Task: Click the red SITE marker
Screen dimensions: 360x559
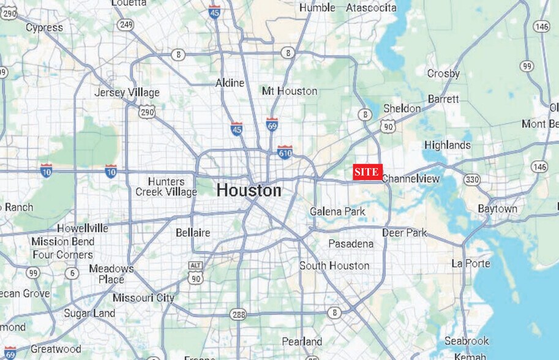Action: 367,173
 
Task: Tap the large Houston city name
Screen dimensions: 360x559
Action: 249,190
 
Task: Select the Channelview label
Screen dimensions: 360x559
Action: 411,179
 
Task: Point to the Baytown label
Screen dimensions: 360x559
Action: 497,209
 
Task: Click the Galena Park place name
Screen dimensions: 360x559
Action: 337,212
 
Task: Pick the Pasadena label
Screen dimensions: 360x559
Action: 351,244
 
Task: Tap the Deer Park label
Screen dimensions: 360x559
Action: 405,233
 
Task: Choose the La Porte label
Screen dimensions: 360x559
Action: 471,263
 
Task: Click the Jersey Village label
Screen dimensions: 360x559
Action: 127,92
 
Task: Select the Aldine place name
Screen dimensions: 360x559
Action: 230,83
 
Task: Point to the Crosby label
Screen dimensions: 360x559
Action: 443,73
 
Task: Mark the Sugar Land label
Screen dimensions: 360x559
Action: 89,313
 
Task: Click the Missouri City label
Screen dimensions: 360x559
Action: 143,298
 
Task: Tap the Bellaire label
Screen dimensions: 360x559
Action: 193,233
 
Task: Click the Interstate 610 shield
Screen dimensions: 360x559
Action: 285,151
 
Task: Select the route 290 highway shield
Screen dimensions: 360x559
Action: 147,112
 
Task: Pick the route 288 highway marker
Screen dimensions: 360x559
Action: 238,314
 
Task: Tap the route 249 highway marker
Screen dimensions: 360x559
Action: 126,24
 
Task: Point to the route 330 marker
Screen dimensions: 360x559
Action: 471,179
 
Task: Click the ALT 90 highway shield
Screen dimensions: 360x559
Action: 195,272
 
